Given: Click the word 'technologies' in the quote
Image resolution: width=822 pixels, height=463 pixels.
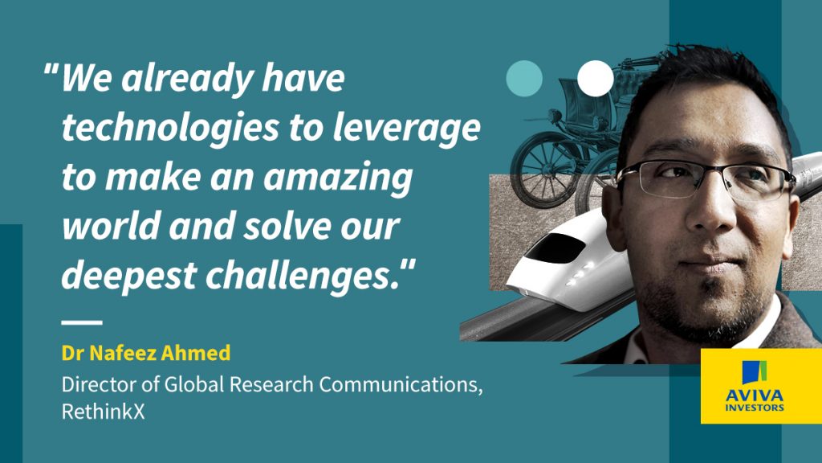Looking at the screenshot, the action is point(170,128).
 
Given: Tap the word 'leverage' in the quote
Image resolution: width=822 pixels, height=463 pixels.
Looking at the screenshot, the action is point(406,129).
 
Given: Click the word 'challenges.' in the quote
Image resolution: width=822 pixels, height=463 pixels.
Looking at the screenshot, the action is point(304,276).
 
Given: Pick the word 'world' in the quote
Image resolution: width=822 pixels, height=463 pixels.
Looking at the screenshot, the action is point(111,226).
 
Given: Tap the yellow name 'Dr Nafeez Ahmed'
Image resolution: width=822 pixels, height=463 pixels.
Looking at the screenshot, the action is point(146,353).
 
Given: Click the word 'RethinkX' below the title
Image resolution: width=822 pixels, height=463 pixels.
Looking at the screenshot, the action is point(103,412).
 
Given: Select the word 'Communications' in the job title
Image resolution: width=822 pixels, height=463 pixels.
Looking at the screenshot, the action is point(399,385).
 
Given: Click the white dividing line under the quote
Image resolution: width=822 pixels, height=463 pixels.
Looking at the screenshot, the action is point(82,322).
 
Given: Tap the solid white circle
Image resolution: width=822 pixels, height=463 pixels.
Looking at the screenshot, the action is point(596,78).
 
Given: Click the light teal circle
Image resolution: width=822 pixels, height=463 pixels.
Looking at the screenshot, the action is point(524,78).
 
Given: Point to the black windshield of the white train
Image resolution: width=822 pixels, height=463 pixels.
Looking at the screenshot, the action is point(555,248).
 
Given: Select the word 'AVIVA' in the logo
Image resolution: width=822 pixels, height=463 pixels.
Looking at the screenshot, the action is point(754,395).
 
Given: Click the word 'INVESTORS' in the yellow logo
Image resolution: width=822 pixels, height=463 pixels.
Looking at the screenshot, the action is point(755,408).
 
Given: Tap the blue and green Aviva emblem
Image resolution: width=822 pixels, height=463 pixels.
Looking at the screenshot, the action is point(755,372).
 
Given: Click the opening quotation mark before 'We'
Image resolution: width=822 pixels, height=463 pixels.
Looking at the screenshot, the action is point(51,70).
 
